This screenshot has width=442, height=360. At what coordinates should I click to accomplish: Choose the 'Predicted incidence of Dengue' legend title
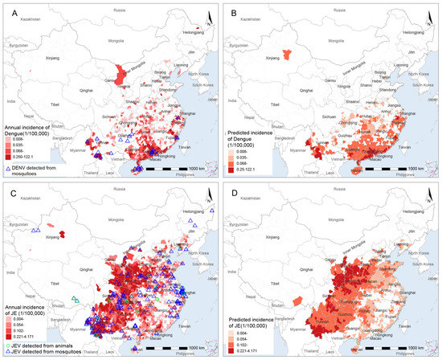click(x=257, y=124)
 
